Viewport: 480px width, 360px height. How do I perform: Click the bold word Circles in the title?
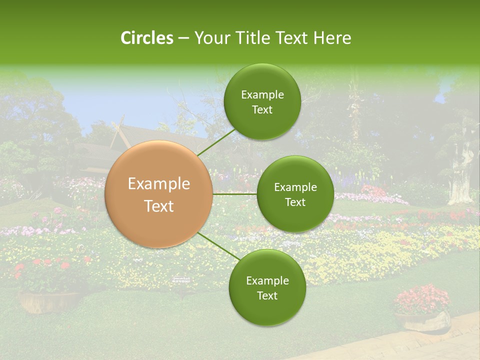click(147, 38)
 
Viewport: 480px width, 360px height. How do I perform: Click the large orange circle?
click(159, 194)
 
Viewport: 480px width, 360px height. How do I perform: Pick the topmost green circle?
click(262, 101)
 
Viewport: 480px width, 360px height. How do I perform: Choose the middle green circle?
click(295, 194)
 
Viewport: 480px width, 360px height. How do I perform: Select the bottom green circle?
click(267, 287)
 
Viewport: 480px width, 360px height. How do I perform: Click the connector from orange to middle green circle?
click(234, 194)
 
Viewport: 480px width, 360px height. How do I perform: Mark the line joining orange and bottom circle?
click(218, 246)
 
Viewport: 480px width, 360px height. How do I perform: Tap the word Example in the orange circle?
click(159, 184)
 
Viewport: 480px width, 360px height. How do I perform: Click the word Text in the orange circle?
click(159, 206)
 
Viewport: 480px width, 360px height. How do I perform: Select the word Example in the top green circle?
click(262, 94)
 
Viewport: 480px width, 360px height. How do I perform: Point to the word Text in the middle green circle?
click(295, 202)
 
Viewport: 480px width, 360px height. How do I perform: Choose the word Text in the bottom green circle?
click(267, 295)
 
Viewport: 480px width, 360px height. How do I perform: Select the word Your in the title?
click(209, 38)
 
